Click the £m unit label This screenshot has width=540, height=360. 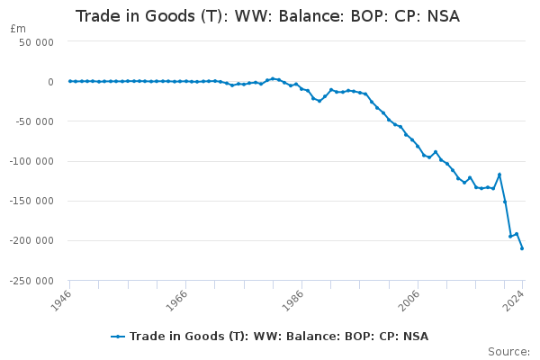click(17, 29)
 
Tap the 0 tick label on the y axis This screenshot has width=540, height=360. click(49, 82)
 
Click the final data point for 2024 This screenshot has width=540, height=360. click(522, 248)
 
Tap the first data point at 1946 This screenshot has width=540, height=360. click(69, 81)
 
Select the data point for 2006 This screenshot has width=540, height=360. click(418, 146)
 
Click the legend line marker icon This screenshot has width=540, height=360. click(118, 337)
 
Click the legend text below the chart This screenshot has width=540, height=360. click(279, 337)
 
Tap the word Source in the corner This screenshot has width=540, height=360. click(508, 351)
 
